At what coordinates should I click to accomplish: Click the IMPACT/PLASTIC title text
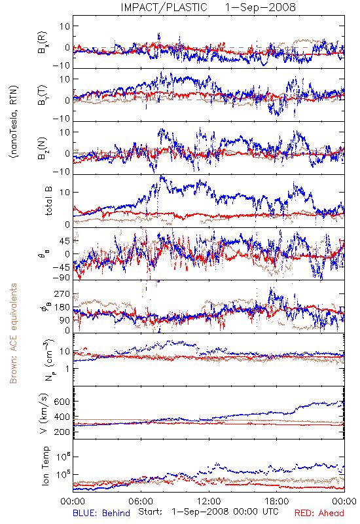[x=164, y=7]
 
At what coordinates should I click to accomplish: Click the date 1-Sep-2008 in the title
[x=260, y=7]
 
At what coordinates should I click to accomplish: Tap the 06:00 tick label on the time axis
[x=141, y=502]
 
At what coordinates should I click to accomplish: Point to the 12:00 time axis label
[x=209, y=502]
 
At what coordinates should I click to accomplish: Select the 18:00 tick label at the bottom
[x=277, y=502]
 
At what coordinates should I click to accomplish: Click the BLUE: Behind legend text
[x=101, y=514]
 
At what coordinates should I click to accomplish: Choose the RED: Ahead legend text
[x=319, y=514]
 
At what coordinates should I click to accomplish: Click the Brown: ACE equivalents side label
[x=13, y=333]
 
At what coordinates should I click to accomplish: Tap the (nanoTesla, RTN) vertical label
[x=13, y=122]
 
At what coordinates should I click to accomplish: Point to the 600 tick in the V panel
[x=62, y=402]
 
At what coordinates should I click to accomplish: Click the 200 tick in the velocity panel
[x=62, y=432]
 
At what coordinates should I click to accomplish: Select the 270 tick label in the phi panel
[x=62, y=293]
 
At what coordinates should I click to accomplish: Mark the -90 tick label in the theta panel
[x=61, y=278]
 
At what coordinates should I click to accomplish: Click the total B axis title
[x=48, y=201]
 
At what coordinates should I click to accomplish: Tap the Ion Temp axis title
[x=45, y=466]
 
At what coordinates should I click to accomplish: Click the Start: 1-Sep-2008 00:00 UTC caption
[x=208, y=512]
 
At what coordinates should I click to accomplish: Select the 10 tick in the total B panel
[x=64, y=193]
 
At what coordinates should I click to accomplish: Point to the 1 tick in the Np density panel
[x=67, y=369]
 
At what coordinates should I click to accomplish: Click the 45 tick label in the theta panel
[x=64, y=241]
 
